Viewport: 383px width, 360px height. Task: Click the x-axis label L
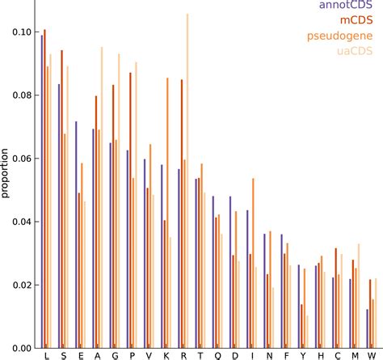[x=47, y=354]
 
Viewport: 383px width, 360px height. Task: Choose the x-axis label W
[x=372, y=354]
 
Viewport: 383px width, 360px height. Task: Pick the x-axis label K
[x=166, y=354]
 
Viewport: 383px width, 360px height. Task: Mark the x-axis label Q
[x=217, y=354]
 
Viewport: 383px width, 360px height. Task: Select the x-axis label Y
[x=304, y=354]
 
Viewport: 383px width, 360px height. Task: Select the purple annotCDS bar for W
[x=367, y=328]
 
